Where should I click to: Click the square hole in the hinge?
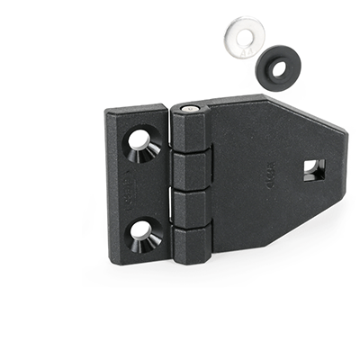(312, 168)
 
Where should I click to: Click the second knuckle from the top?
(192, 170)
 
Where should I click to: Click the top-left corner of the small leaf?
(107, 112)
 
